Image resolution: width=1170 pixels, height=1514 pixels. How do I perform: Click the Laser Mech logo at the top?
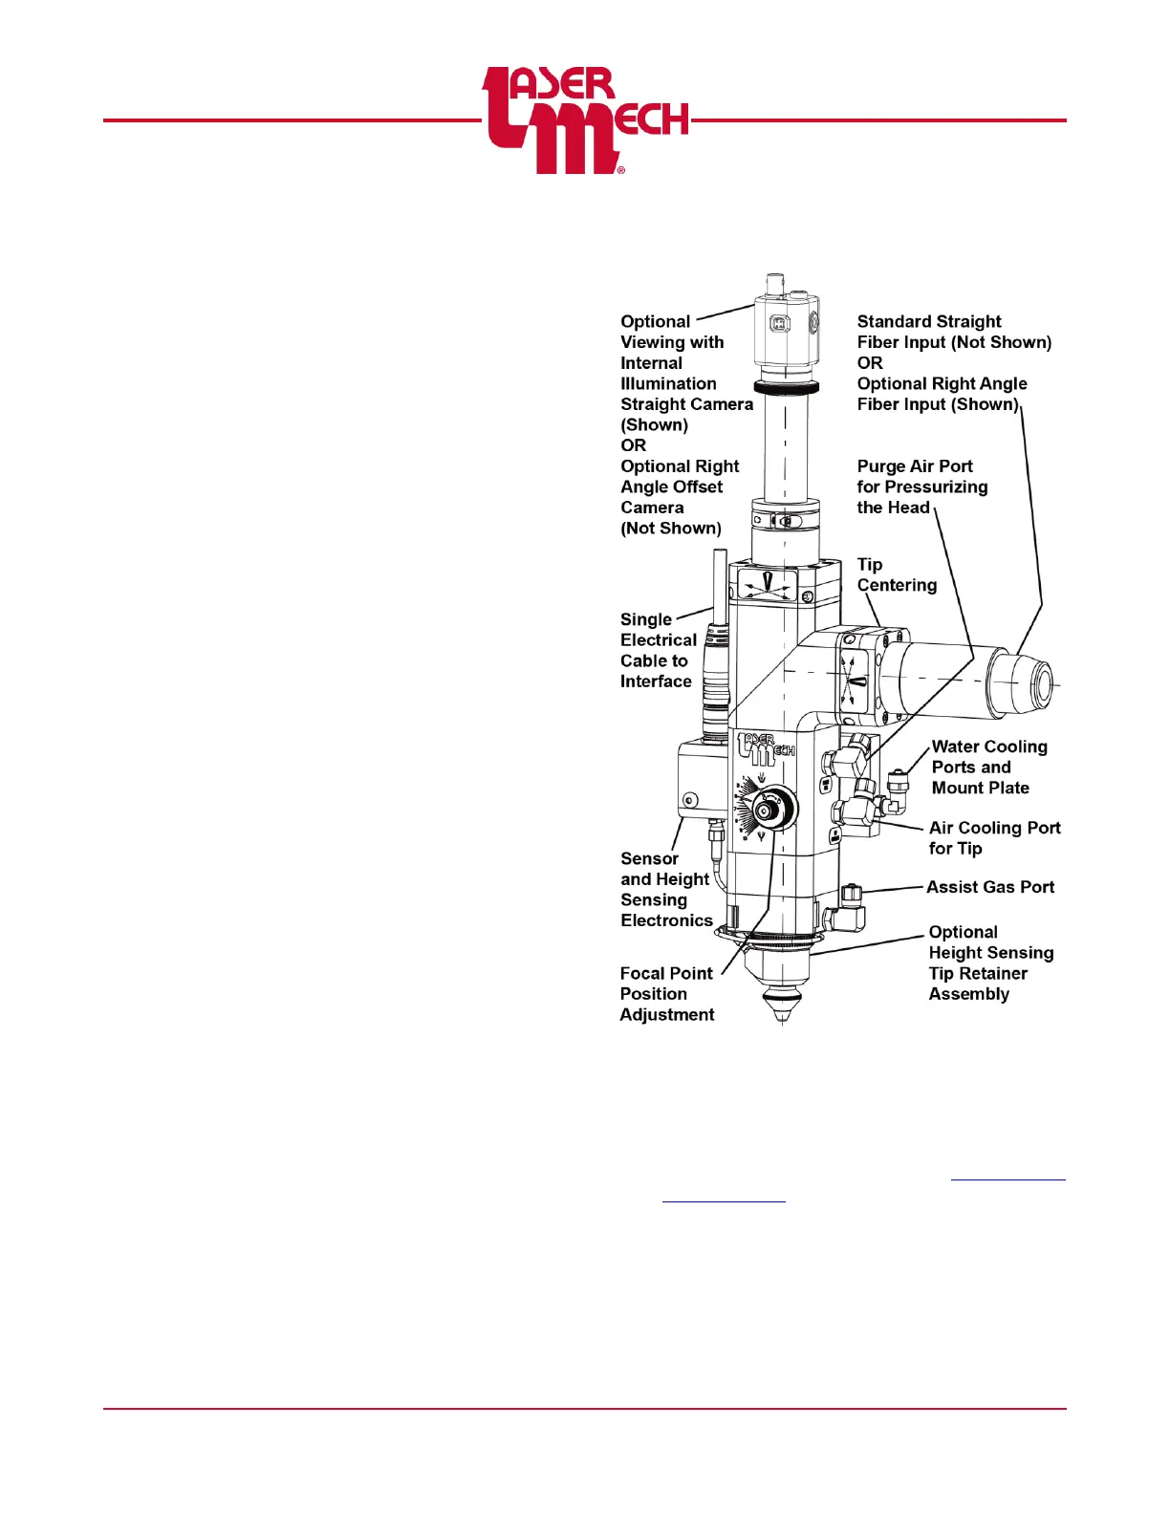(584, 120)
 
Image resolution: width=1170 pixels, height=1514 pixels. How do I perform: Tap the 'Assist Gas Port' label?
(989, 887)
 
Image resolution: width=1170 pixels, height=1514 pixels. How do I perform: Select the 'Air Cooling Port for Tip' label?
(994, 838)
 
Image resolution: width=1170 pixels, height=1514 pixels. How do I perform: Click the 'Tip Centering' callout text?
(896, 574)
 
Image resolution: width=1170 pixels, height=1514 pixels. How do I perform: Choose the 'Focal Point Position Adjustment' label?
(666, 994)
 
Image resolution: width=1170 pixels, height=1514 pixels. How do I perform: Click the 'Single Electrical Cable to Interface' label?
(658, 650)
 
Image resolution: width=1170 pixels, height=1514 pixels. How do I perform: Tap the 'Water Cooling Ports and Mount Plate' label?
(988, 768)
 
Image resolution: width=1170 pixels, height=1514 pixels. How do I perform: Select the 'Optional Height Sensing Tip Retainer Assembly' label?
(990, 963)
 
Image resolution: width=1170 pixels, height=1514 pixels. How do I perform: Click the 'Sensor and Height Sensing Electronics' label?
(665, 890)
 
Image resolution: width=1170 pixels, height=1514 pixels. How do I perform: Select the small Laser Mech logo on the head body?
(766, 749)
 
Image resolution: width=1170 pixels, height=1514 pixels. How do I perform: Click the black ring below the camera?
(786, 388)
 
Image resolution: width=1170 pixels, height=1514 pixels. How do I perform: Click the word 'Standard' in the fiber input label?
(890, 322)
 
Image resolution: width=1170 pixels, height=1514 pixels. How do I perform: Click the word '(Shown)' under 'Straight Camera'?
(654, 425)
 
